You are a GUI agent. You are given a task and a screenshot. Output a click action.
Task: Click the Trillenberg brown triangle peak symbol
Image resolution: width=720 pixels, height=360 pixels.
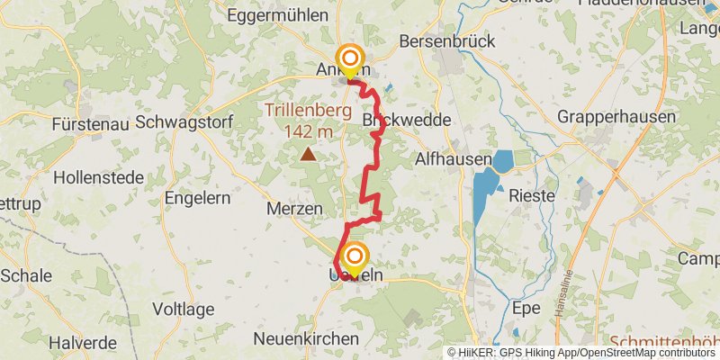click(x=309, y=154)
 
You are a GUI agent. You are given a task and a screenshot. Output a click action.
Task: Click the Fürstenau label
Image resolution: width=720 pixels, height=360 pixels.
click(x=91, y=123)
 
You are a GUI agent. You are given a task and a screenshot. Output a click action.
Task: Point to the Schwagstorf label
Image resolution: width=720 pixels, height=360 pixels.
click(x=184, y=122)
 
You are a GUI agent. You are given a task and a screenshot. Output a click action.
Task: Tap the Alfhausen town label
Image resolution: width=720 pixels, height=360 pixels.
click(x=453, y=159)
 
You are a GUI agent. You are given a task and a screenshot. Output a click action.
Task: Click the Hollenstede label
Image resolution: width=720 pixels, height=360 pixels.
click(x=98, y=177)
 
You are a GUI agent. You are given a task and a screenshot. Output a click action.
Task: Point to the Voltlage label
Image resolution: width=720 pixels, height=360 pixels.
click(x=183, y=310)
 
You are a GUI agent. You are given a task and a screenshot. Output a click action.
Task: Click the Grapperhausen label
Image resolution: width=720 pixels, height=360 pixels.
click(x=616, y=117)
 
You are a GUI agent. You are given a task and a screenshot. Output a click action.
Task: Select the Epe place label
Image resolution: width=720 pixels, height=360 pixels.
click(x=526, y=309)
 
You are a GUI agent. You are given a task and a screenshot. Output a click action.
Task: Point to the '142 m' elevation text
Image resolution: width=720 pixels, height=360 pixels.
click(x=308, y=132)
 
